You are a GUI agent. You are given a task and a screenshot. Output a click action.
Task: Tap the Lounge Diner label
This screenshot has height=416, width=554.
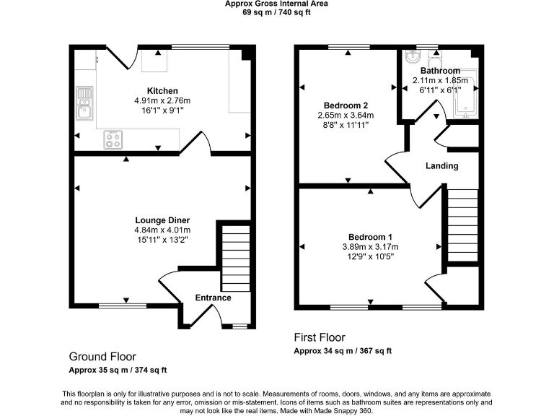(162, 220)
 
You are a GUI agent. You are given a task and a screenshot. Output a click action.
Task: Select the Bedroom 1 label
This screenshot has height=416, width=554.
(370, 237)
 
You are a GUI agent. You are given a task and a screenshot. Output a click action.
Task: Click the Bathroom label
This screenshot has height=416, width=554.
(440, 71)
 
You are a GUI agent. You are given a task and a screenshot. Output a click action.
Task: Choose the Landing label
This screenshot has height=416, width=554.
(441, 165)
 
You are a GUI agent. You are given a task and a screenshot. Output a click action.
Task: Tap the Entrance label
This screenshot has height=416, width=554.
(213, 298)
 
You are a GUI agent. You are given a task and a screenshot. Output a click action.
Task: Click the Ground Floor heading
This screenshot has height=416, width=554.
(102, 357)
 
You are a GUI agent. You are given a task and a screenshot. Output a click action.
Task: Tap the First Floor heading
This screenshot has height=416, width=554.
(320, 337)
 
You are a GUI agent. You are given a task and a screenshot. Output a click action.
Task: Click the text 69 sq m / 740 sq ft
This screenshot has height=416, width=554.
(276, 13)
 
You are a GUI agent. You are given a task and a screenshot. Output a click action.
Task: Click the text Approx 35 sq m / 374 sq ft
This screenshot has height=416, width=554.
(118, 370)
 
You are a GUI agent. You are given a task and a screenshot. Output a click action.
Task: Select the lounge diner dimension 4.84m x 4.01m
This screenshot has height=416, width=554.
(162, 230)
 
